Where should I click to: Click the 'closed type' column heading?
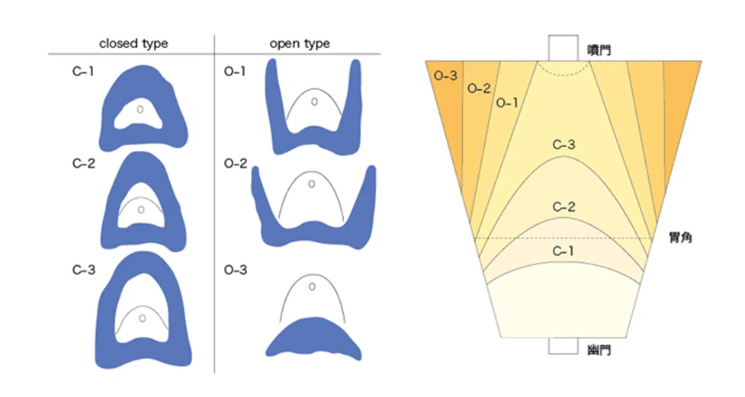pyautogui.click(x=133, y=43)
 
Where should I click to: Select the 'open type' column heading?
pyautogui.click(x=300, y=43)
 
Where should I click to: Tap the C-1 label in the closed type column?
pyautogui.click(x=83, y=71)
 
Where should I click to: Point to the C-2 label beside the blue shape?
pyautogui.click(x=84, y=163)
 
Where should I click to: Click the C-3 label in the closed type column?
pyautogui.click(x=84, y=270)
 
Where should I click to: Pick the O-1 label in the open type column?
pyautogui.click(x=235, y=71)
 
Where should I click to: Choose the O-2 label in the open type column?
pyautogui.click(x=236, y=163)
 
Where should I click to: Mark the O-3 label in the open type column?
pyautogui.click(x=236, y=270)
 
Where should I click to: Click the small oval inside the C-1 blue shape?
pyautogui.click(x=140, y=109)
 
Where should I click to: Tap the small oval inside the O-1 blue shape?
pyautogui.click(x=314, y=101)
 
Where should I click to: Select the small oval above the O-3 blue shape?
pyautogui.click(x=312, y=287)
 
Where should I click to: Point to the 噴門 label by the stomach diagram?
pyautogui.click(x=599, y=50)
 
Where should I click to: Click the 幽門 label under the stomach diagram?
pyautogui.click(x=599, y=350)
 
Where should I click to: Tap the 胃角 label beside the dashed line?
pyautogui.click(x=680, y=237)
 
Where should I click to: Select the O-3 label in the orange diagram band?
pyautogui.click(x=445, y=75)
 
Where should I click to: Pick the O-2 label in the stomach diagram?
pyautogui.click(x=479, y=88)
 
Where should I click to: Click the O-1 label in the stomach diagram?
pyautogui.click(x=507, y=103)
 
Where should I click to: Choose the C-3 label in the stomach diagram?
pyautogui.click(x=564, y=144)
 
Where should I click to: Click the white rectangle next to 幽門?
pyautogui.click(x=563, y=346)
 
